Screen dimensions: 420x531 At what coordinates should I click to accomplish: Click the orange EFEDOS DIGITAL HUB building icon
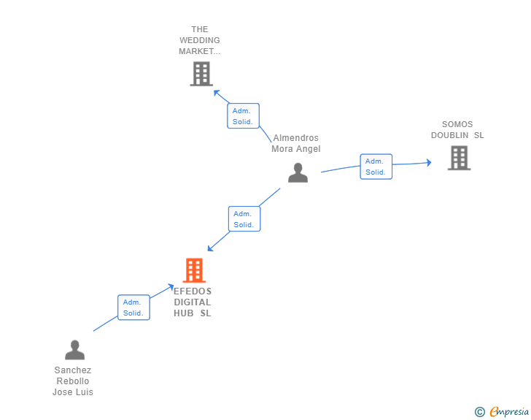tap(194, 270)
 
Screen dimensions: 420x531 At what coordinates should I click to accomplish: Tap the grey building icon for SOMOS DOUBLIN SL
tap(458, 158)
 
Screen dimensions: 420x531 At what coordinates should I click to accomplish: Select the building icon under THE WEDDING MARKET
tap(201, 74)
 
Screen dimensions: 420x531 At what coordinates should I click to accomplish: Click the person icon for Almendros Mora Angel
tap(298, 173)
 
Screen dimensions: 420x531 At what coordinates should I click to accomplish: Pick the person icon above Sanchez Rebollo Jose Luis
tap(74, 350)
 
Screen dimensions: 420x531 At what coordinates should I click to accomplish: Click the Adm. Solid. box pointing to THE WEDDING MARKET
tap(243, 116)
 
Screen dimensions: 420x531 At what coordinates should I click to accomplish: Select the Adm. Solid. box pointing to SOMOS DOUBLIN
tap(376, 167)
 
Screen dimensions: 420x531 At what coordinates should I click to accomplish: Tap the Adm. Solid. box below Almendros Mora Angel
tap(244, 219)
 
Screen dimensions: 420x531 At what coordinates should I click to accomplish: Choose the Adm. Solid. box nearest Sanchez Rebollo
tap(133, 308)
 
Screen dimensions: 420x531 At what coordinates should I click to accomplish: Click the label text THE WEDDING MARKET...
tap(200, 41)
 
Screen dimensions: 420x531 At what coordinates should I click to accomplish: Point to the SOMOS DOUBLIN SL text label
tap(457, 130)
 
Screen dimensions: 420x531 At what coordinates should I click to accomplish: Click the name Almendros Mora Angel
tap(295, 143)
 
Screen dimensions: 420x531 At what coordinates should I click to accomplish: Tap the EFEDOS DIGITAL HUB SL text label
tap(193, 302)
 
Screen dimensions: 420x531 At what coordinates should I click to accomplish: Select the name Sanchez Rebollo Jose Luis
tap(73, 381)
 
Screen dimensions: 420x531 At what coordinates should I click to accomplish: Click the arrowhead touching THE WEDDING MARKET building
tap(216, 93)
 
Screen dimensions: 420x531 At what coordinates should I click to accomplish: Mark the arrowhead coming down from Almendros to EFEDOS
tap(210, 248)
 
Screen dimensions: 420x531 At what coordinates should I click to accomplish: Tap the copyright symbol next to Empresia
tap(479, 412)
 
